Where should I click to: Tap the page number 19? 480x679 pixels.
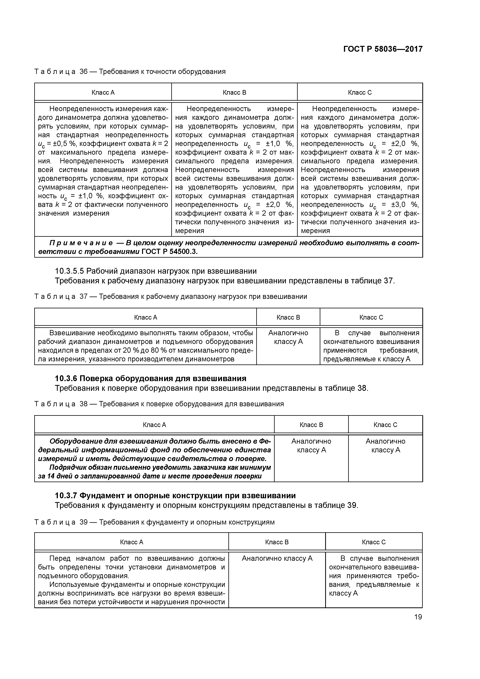click(418, 617)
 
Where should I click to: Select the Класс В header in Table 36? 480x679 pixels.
click(234, 93)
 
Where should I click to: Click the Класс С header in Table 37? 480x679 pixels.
click(371, 317)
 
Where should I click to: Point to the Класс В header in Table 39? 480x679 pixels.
click(277, 542)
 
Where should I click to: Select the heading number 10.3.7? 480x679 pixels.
click(66, 495)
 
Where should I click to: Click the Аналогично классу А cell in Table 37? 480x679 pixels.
click(288, 337)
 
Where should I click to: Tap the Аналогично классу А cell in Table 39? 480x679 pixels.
click(277, 558)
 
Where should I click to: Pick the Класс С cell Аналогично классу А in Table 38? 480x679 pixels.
click(385, 445)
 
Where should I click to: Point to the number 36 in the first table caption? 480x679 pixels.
click(84, 72)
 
